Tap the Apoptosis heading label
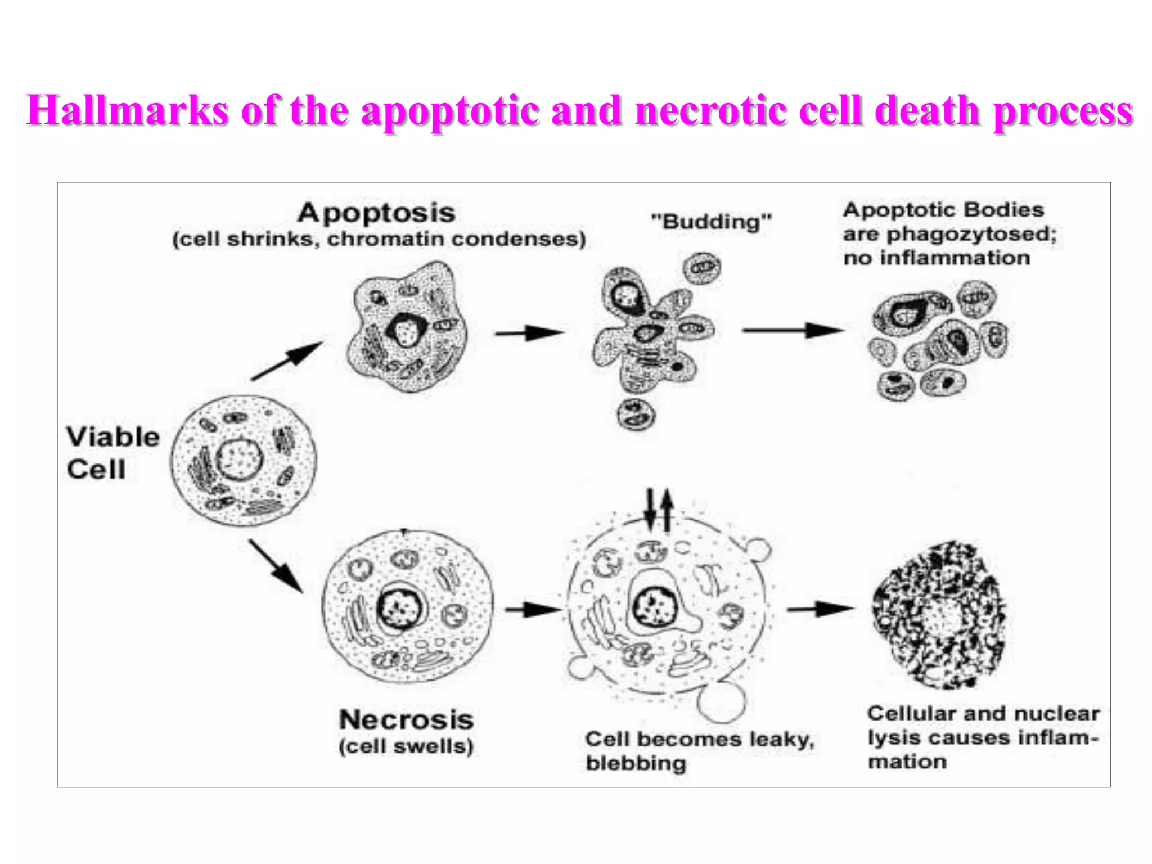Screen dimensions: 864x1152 pos(376,213)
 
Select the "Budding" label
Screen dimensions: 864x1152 pos(711,221)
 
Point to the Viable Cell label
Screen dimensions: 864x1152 pos(112,453)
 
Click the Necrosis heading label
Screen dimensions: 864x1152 pos(406,720)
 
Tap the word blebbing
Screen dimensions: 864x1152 pos(636,763)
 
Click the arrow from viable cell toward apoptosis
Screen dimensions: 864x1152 pos(287,360)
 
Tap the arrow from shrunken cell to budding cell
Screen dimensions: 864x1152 pos(529,332)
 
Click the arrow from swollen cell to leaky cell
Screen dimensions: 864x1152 pos(532,609)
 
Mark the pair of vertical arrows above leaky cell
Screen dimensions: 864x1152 pos(658,510)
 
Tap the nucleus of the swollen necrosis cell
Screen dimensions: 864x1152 pos(400,607)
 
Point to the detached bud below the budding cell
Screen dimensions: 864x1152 pos(636,415)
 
